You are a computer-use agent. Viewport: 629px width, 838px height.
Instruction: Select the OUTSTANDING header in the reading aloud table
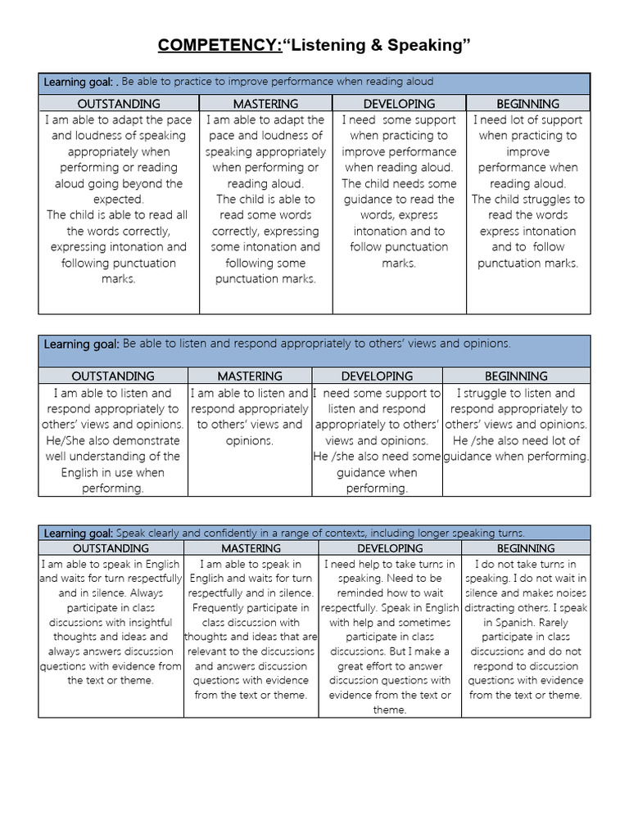coord(119,104)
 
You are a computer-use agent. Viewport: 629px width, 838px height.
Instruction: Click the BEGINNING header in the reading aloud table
coord(527,104)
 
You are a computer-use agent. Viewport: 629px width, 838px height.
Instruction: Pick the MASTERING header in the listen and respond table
coord(250,376)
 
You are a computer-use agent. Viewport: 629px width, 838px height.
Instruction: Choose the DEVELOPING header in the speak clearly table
coord(390,548)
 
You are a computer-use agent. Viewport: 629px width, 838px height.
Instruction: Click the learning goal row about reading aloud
coord(314,83)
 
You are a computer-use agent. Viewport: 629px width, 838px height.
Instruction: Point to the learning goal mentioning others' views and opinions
coord(314,345)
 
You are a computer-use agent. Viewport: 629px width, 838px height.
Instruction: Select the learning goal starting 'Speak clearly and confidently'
coord(314,533)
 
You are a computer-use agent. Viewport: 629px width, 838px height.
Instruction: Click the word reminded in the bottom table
coord(360,593)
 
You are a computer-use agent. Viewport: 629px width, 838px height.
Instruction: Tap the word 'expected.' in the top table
coord(119,199)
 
